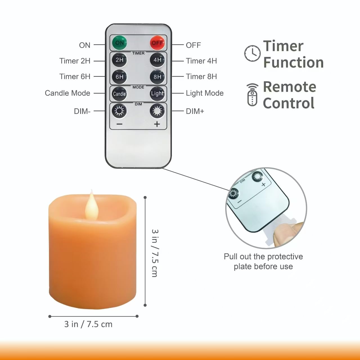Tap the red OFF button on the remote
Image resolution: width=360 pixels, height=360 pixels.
click(157, 43)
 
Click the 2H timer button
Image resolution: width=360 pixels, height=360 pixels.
click(120, 60)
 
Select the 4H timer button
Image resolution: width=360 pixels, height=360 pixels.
click(157, 60)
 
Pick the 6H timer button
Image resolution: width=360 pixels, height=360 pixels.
click(120, 77)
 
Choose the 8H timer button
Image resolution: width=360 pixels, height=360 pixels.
click(157, 77)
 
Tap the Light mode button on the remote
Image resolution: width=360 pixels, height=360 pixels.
click(157, 94)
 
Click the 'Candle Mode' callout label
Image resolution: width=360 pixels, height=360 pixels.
click(67, 93)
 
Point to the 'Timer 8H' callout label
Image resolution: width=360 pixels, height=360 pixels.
click(201, 76)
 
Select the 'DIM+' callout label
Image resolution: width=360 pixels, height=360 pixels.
click(195, 111)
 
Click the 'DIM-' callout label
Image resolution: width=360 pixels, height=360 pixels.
click(82, 111)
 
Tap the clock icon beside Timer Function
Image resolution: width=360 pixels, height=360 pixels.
click(252, 53)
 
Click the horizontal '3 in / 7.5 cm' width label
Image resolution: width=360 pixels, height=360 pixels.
click(88, 324)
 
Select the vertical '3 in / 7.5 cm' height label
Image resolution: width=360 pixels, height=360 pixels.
click(155, 253)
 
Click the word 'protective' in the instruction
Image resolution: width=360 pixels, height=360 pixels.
click(283, 256)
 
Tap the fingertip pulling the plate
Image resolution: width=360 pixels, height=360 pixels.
click(284, 233)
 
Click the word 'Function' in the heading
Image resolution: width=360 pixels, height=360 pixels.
click(293, 62)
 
